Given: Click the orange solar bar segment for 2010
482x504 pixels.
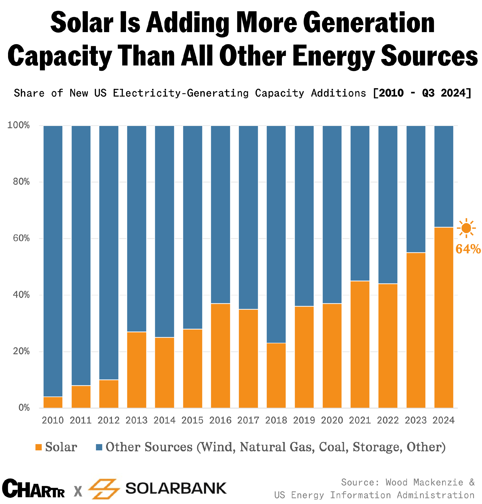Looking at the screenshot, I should (53, 402).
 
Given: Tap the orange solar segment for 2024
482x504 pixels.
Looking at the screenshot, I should (444, 317).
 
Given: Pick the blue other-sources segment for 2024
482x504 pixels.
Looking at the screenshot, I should (444, 176).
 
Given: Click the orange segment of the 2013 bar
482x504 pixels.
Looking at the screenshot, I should (137, 370).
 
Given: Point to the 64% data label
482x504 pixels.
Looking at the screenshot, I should (468, 249).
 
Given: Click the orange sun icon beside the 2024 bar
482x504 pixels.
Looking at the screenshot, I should (466, 228).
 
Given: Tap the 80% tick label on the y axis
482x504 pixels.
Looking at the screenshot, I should (21, 182).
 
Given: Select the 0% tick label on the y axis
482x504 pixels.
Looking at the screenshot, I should (24, 408).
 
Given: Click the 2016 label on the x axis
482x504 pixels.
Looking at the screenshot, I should (220, 420).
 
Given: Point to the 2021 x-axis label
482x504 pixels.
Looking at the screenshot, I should (360, 420).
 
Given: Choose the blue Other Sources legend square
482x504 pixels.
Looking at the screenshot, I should (99, 447).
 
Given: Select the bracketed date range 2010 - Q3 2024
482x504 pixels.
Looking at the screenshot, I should (422, 93).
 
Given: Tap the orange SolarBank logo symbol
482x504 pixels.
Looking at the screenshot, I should (104, 489).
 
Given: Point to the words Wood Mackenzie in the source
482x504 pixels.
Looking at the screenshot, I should (425, 482).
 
